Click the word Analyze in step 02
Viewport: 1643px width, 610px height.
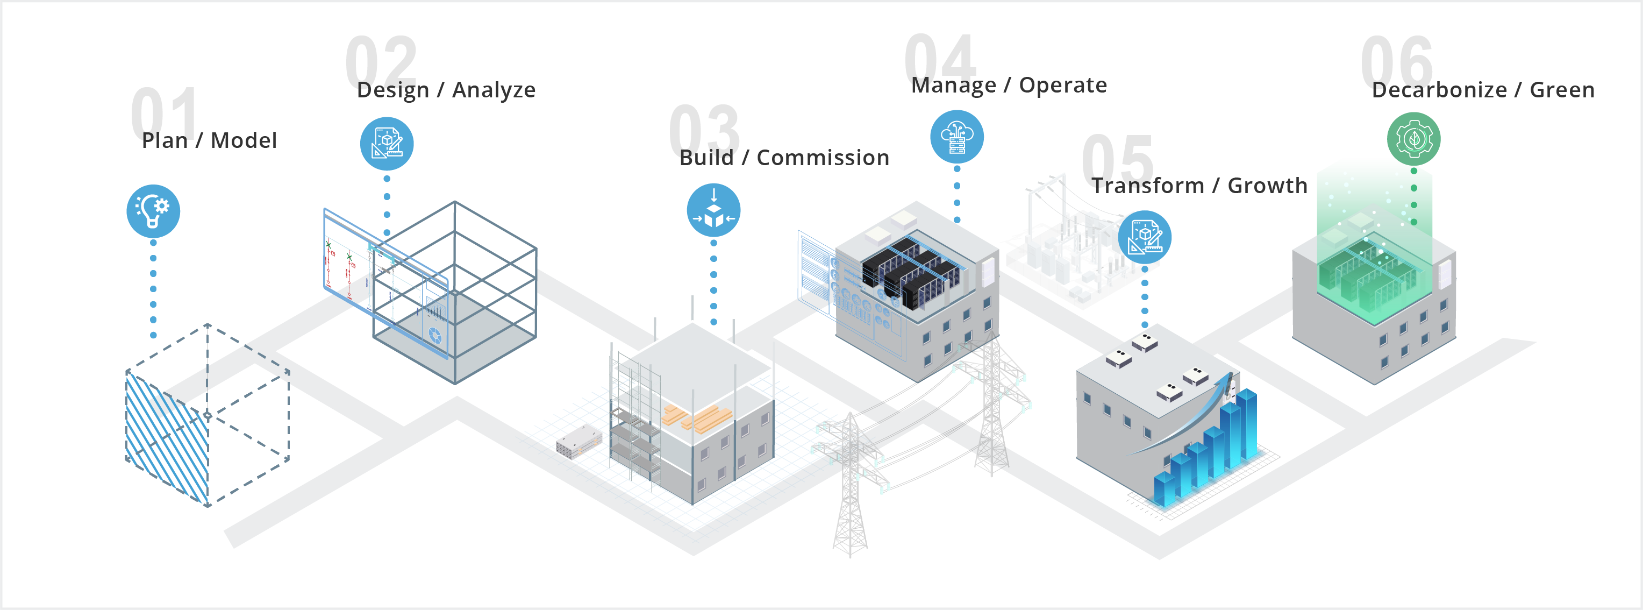494,90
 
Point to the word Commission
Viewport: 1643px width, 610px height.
823,158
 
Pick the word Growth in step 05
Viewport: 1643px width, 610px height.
1267,186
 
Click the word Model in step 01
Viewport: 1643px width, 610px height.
244,140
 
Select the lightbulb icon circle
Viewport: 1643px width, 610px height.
153,210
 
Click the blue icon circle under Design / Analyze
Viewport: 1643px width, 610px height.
387,144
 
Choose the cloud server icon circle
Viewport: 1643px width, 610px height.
957,137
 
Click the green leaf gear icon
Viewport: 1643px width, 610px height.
1413,138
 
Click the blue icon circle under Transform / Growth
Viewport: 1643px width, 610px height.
1144,237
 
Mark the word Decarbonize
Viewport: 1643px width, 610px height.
1439,90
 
